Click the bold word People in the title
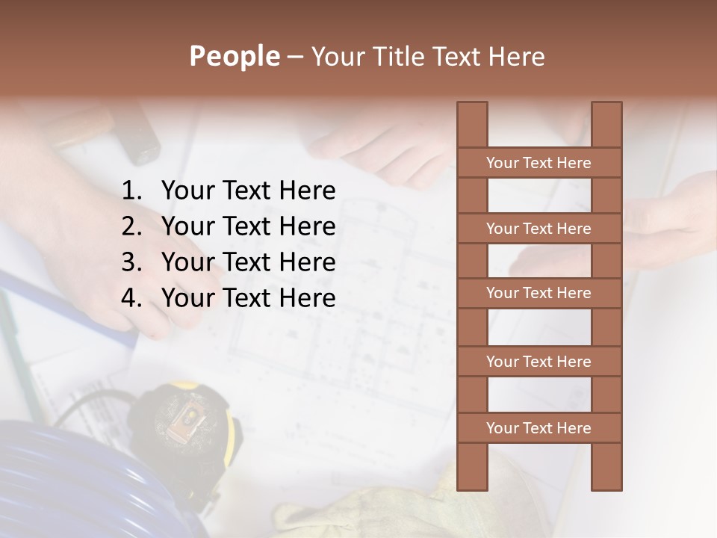click(x=234, y=57)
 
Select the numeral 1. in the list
click(x=132, y=191)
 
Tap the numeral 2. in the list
click(x=132, y=226)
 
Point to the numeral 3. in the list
click(x=132, y=262)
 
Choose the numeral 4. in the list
click(x=132, y=298)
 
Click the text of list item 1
click(x=248, y=191)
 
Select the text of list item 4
click(x=248, y=298)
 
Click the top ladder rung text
click(x=538, y=163)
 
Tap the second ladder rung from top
click(x=538, y=229)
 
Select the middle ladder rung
click(x=538, y=293)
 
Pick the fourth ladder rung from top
click(x=538, y=362)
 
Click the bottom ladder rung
click(x=538, y=428)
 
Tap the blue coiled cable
click(x=75, y=478)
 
